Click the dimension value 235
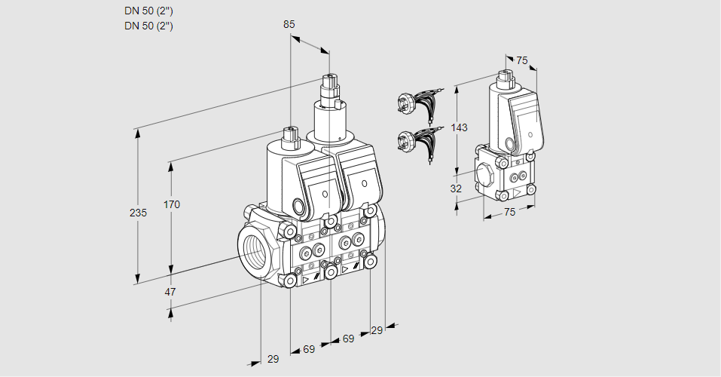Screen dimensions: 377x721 138,213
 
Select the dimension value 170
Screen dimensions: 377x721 173,204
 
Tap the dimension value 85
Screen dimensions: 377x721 289,24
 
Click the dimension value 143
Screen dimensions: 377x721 459,127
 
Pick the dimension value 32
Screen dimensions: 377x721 456,188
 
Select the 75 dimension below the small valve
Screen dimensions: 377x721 509,212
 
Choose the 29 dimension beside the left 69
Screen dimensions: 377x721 273,359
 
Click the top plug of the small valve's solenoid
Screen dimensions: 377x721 504,76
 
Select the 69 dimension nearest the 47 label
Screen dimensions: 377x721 309,349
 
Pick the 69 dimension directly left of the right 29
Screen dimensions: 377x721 348,339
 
